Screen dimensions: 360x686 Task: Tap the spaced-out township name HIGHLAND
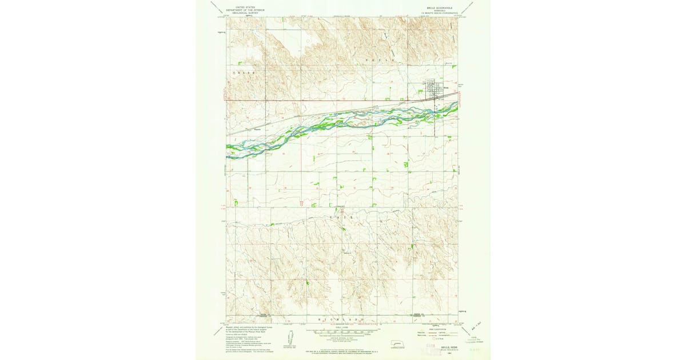342,318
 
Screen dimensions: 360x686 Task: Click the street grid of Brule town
434,88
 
